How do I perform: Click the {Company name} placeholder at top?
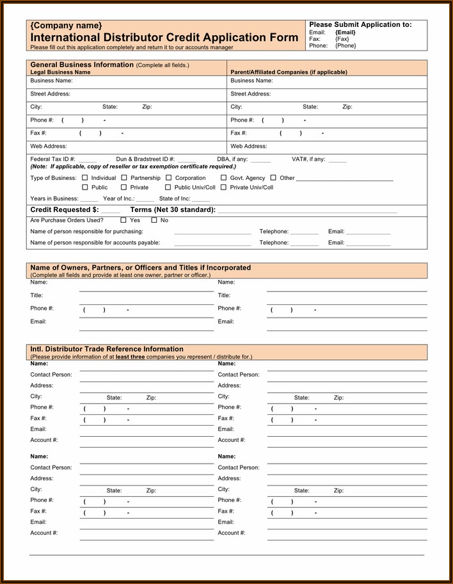[66, 26]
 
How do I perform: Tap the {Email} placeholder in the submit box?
[345, 32]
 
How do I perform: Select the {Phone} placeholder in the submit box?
[346, 45]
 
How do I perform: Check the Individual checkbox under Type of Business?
[85, 177]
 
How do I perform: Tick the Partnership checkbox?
[124, 177]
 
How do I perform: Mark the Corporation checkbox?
[169, 177]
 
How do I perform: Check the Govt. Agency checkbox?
[224, 177]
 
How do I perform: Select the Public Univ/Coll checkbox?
[168, 187]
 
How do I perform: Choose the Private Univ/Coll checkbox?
[224, 187]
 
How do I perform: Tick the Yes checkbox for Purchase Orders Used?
[123, 220]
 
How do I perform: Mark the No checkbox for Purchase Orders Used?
[154, 220]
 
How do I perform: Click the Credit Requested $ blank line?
[110, 211]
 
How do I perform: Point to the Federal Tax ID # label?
[52, 159]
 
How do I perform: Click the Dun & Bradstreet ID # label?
[145, 159]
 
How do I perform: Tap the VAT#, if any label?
[308, 159]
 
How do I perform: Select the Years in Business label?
[54, 199]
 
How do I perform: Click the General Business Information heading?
[82, 65]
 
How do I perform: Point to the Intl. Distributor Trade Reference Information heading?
[107, 349]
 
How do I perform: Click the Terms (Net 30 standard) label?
[173, 209]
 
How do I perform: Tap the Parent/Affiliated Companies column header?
[289, 72]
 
